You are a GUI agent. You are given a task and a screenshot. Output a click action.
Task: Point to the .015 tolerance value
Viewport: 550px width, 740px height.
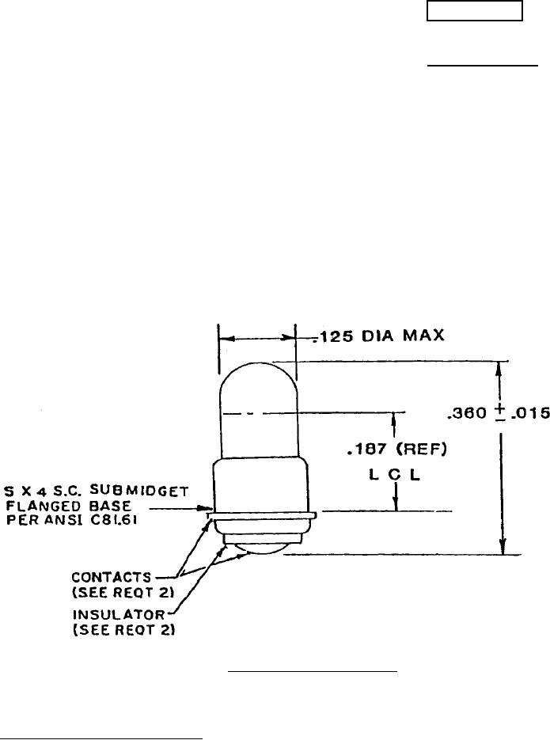pos(531,412)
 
